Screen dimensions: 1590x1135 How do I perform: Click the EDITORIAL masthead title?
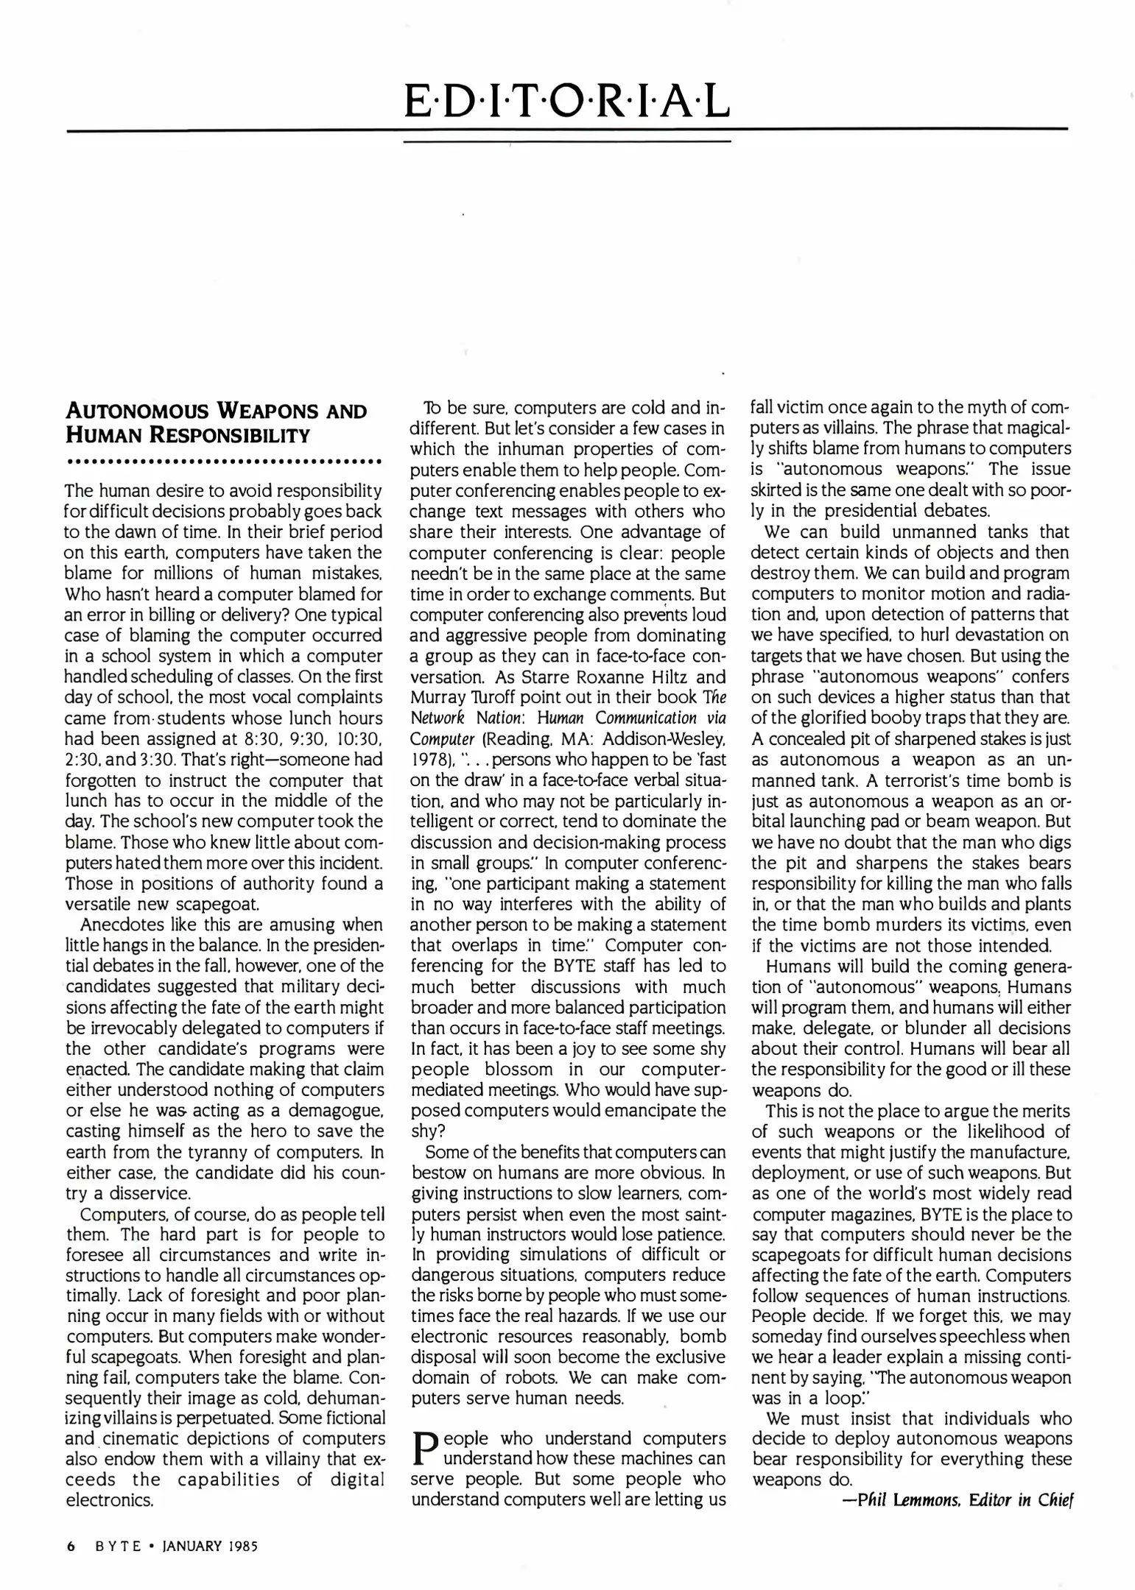click(567, 101)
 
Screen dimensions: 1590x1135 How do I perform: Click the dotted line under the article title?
click(223, 463)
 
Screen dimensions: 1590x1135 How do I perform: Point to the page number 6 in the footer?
click(71, 1547)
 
